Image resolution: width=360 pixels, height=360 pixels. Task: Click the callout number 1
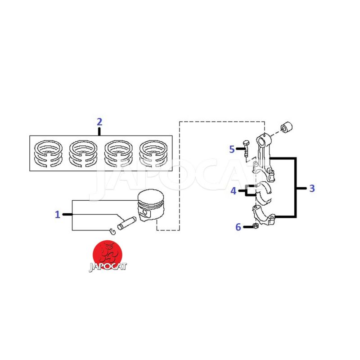(57, 215)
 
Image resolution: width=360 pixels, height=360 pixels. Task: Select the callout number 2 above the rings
(99, 121)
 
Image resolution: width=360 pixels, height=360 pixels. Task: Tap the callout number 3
(312, 188)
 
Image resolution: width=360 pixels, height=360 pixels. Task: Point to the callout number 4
(233, 191)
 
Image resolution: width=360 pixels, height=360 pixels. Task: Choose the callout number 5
(232, 149)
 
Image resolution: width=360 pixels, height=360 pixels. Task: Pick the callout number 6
(238, 227)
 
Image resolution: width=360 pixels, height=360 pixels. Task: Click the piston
(151, 206)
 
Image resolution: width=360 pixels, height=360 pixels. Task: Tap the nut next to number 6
(255, 226)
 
